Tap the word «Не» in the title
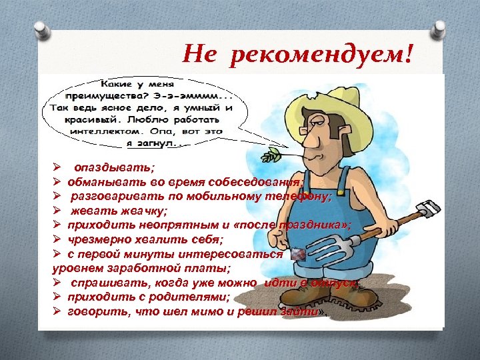[x=199, y=52]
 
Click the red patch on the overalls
[x=297, y=254]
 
